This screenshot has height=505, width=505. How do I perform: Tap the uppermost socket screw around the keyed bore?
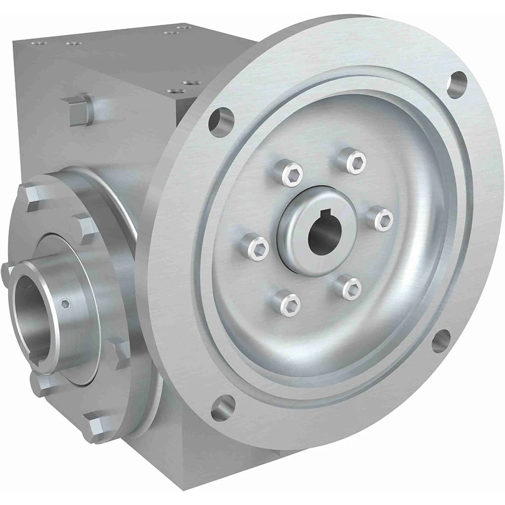pyautogui.click(x=352, y=161)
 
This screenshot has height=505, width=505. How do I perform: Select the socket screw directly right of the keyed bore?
pyautogui.click(x=380, y=219)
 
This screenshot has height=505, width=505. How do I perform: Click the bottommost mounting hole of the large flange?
pyautogui.click(x=223, y=408)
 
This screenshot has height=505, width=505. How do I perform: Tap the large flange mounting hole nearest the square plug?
pyautogui.click(x=221, y=122)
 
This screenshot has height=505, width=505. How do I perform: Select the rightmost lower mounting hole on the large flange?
pyautogui.click(x=441, y=341)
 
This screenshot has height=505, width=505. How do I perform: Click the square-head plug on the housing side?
pyautogui.click(x=80, y=110)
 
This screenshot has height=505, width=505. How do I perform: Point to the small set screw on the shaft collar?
pyautogui.click(x=65, y=304)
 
